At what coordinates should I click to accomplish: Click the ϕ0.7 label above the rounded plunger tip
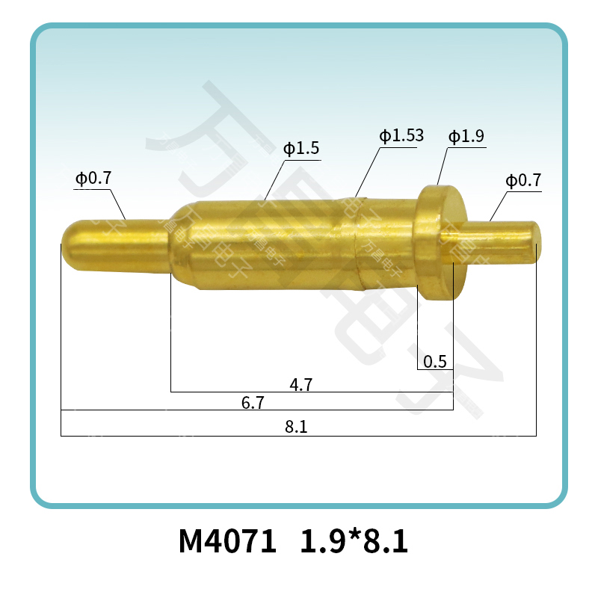point(93,179)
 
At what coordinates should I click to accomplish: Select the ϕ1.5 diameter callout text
point(301,149)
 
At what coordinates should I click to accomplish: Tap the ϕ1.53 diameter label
point(401,136)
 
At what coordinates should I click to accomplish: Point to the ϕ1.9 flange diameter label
point(466,137)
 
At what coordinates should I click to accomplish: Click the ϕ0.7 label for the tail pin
point(523,181)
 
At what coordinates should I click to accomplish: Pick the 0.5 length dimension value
point(434,363)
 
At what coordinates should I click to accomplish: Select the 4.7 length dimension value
point(300,385)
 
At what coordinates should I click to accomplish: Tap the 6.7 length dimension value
point(253,403)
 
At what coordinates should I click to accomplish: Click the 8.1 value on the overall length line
point(297,428)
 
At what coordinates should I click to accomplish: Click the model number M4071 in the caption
point(227,542)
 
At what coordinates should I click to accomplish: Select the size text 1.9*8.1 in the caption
point(354,542)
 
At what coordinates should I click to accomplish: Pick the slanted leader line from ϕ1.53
point(366,172)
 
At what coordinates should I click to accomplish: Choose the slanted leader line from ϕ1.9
point(442,166)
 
